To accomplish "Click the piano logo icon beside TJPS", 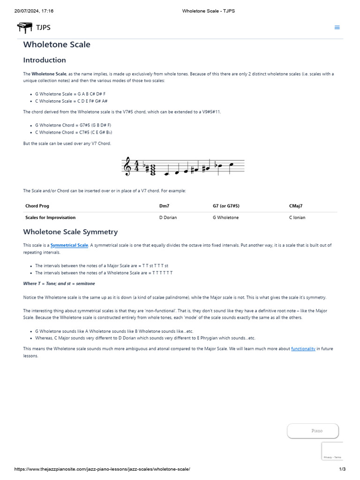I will pos(24,28).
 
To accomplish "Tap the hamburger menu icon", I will pos(337,27).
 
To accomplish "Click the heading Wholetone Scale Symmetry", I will pos(70,232).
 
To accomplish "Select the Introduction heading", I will pos(45,60).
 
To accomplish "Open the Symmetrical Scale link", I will pos(69,245).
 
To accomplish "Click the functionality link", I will pos(303,349).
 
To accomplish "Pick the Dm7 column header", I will pos(165,206).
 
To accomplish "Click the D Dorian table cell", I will pos(168,217).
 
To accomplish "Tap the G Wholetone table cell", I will pos(225,217).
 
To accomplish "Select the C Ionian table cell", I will pos(297,217).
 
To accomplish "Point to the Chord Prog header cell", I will pos(37,206).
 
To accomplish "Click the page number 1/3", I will pos(342,469).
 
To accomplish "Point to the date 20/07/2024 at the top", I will pos(27,11).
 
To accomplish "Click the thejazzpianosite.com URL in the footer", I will pos(102,469).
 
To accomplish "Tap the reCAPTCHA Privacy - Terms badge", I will pos(332,457).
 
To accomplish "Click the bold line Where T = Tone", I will pos(59,284).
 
